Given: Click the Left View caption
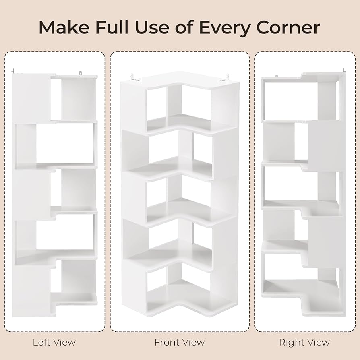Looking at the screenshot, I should pyautogui.click(x=54, y=342).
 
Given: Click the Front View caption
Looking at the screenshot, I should pyautogui.click(x=180, y=342).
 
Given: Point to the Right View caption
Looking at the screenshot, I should pyautogui.click(x=304, y=342).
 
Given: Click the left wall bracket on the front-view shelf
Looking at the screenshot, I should pyautogui.click(x=132, y=77).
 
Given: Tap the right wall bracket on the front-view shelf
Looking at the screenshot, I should pyautogui.click(x=227, y=77).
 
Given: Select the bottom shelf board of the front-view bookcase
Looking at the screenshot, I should pyautogui.click(x=189, y=298).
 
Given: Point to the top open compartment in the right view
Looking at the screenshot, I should pyautogui.click(x=290, y=101).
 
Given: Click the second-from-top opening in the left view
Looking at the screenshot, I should pyautogui.click(x=64, y=143).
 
